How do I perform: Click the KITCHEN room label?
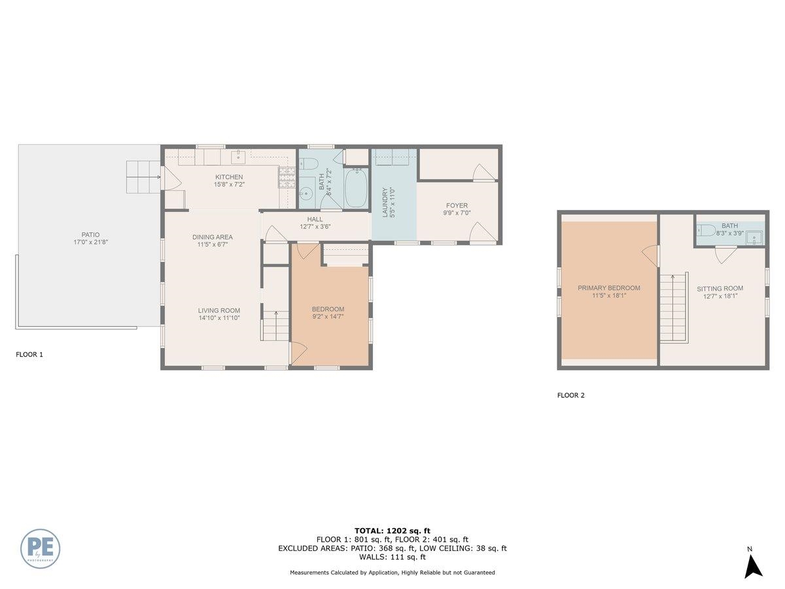(229, 177)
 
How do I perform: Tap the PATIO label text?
(90, 234)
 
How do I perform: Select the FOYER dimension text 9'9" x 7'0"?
(457, 213)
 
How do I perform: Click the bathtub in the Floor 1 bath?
(355, 187)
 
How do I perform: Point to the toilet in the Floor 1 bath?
(308, 164)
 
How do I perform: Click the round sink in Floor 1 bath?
(305, 194)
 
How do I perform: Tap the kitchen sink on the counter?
(238, 156)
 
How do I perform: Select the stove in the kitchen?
(287, 178)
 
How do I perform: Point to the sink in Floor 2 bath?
(754, 238)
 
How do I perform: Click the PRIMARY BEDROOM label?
(608, 288)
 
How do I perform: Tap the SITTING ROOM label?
(720, 288)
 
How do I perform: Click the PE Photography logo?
(40, 548)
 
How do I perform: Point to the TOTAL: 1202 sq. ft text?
(392, 531)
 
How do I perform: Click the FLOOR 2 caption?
(571, 395)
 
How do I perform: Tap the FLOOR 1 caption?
(29, 355)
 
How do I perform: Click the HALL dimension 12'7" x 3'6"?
(315, 226)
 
